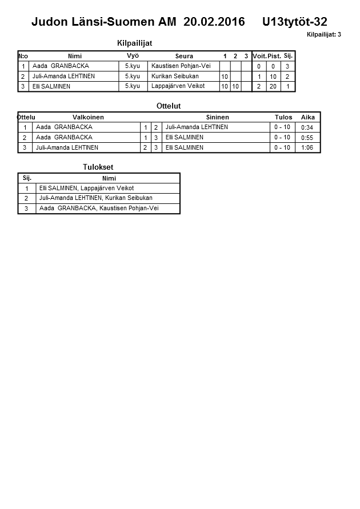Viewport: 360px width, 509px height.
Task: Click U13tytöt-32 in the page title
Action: [x=295, y=22]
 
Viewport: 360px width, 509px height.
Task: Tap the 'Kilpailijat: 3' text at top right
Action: [x=323, y=35]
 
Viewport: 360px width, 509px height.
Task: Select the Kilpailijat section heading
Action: [x=134, y=43]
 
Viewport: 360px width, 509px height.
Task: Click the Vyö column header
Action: [x=133, y=56]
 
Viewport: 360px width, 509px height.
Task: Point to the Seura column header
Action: [x=184, y=56]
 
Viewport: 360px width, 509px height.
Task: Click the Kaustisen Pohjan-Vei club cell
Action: [x=181, y=66]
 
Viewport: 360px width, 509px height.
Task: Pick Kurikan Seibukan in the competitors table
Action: [x=175, y=77]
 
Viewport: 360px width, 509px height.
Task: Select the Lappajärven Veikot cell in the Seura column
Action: [x=178, y=86]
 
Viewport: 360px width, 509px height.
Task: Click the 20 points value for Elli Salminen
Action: [x=273, y=86]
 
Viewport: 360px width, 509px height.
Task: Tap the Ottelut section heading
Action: [x=169, y=106]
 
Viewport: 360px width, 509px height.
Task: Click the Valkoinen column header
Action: [x=88, y=117]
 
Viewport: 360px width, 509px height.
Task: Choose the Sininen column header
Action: [x=217, y=117]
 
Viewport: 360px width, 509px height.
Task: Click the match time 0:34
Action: [x=307, y=127]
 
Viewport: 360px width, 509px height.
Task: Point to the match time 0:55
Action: [x=307, y=138]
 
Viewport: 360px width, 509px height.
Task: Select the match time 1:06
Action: [x=307, y=147]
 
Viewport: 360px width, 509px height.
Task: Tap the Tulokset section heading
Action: [x=99, y=167]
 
